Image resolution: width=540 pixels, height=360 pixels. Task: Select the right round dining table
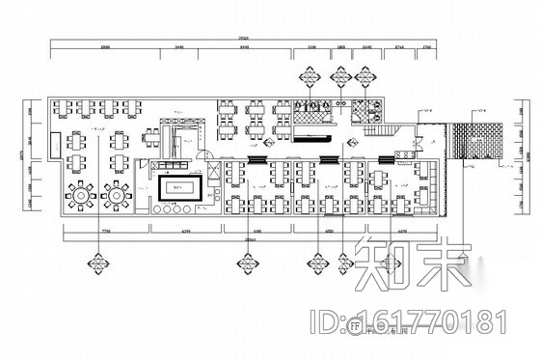point(117,195)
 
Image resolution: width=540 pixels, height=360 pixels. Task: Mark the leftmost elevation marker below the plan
point(97,261)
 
